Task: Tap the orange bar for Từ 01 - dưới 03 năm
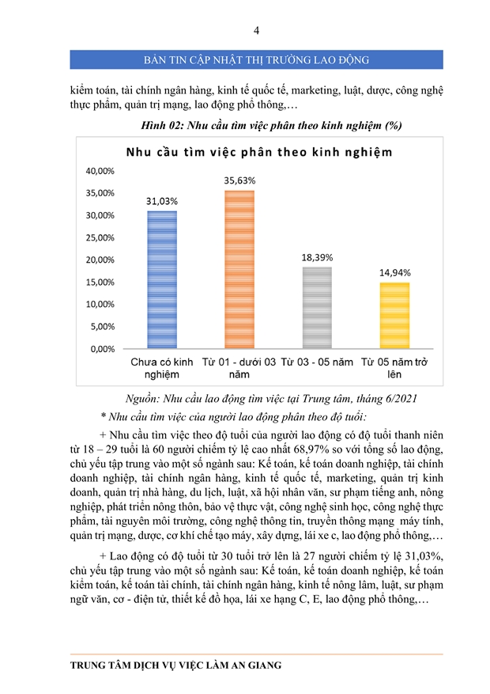pyautogui.click(x=239, y=269)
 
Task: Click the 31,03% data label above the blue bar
pyautogui.click(x=161, y=201)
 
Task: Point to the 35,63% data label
pyautogui.click(x=239, y=180)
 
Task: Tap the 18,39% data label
pyautogui.click(x=317, y=257)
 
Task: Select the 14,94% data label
pyautogui.click(x=394, y=272)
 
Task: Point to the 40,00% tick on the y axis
pyautogui.click(x=100, y=170)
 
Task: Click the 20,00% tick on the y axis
pyautogui.click(x=100, y=260)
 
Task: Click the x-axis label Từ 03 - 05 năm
pyautogui.click(x=317, y=362)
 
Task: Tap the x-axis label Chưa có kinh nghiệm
pyautogui.click(x=161, y=368)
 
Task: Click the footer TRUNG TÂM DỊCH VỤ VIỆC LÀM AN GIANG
pyautogui.click(x=175, y=666)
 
